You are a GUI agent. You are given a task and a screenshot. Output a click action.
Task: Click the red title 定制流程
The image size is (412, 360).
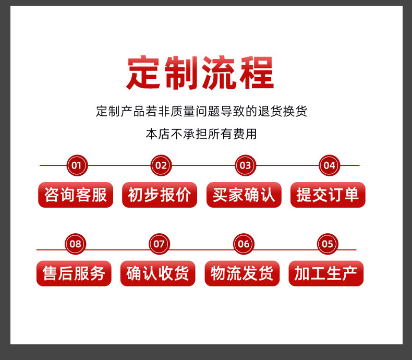click(x=200, y=73)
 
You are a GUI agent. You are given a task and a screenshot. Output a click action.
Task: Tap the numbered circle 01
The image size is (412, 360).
click(x=77, y=166)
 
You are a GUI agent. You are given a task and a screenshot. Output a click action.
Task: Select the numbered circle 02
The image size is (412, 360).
click(x=161, y=166)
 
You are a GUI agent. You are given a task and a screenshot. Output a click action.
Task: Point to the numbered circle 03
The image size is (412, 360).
click(x=245, y=166)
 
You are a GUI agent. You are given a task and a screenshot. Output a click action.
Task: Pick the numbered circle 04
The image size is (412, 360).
click(x=329, y=166)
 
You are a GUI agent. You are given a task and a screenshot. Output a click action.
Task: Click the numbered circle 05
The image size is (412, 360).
click(x=328, y=244)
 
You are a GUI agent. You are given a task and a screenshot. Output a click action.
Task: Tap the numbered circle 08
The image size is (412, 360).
click(x=76, y=244)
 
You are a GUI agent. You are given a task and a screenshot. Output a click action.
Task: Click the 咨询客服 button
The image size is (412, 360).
click(x=76, y=195)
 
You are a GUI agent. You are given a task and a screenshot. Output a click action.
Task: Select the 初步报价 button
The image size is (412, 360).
click(x=160, y=195)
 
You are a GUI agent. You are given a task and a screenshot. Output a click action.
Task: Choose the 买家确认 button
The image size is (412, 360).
click(x=244, y=195)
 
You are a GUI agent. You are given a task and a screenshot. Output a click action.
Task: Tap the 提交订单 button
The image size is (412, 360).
click(x=328, y=195)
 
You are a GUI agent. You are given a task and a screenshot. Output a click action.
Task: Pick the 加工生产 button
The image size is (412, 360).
click(x=326, y=273)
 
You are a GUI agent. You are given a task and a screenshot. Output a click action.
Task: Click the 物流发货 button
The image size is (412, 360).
click(x=242, y=273)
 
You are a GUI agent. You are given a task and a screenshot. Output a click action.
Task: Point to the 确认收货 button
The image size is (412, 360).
click(x=157, y=273)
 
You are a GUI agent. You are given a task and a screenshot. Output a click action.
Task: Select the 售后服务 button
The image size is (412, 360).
click(x=74, y=273)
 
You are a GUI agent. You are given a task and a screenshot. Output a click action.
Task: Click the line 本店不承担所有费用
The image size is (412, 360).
click(x=201, y=134)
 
